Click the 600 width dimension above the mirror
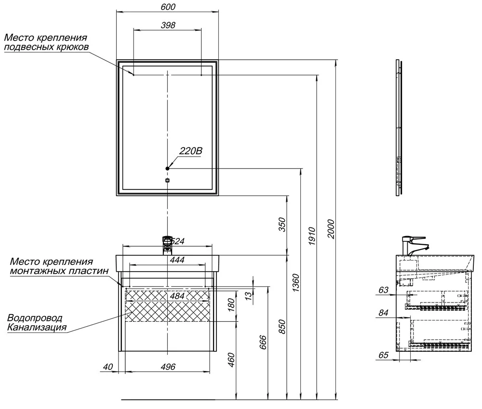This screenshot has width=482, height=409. point(168,7)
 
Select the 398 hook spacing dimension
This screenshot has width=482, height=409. point(168,25)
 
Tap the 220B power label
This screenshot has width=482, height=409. point(190,151)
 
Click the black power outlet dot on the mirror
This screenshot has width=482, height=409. point(168,169)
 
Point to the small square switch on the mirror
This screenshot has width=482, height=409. point(168,180)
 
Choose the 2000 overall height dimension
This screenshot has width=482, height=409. point(331,229)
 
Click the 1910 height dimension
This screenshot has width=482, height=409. point(312,236)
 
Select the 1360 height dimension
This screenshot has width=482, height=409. point(295,283)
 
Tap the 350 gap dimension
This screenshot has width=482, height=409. point(281,224)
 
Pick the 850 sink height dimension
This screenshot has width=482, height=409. point(281,327)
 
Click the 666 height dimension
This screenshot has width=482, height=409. point(263,343)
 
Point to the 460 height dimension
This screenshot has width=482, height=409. point(231,359)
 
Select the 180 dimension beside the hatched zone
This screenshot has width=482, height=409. point(231,305)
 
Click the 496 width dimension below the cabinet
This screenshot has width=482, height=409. point(168,367)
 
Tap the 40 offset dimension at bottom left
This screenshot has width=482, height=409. point(108,367)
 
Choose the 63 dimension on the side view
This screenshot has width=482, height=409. point(383,290)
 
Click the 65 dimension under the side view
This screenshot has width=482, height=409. point(383,355)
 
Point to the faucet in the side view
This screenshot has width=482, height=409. point(414,246)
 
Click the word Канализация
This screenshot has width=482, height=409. point(37,327)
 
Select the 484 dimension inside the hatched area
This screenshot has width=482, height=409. point(177,296)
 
